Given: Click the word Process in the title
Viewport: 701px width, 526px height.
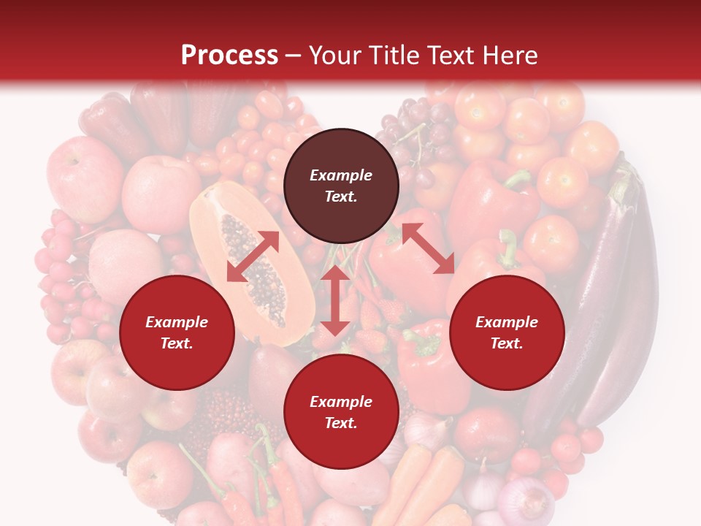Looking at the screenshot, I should point(229,56).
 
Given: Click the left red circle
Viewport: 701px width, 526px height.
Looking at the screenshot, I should point(177,332).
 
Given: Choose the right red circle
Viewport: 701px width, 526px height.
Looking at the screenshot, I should point(507,332).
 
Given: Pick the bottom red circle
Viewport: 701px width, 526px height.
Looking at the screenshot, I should point(341,412).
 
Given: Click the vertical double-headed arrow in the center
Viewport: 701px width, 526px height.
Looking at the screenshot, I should point(335,300).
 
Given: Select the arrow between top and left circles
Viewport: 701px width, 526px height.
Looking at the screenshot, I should point(253,256).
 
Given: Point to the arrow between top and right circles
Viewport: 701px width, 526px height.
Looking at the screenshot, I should point(428,248).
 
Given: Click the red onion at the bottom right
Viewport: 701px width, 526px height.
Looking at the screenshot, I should point(526,500).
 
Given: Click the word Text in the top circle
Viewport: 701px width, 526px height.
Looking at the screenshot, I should point(340,197).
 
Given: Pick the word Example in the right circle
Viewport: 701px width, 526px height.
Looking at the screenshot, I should point(507,322).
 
